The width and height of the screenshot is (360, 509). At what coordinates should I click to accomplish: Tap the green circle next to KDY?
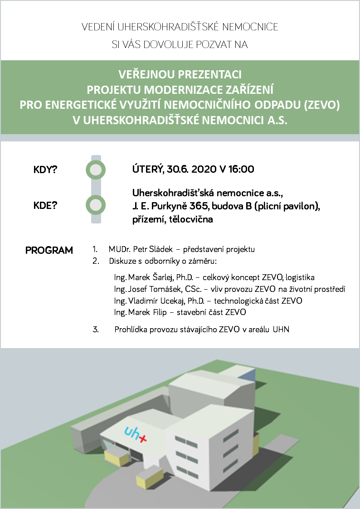96,170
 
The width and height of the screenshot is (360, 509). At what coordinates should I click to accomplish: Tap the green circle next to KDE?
96,205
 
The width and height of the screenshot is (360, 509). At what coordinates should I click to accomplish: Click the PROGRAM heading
49,250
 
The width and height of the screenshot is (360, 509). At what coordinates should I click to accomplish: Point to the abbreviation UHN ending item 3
281,330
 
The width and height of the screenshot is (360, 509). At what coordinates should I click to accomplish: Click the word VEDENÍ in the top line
97,27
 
